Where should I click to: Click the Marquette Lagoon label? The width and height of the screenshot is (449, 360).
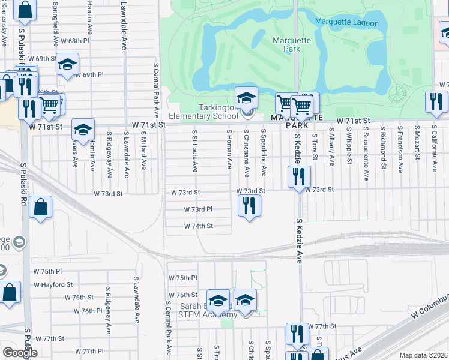click(348, 23)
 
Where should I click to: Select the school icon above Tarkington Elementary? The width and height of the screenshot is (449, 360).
click(246, 98)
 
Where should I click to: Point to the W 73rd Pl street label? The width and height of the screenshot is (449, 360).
click(198, 209)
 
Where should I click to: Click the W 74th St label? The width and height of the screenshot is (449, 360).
click(198, 226)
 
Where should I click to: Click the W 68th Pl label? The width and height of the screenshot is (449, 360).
click(74, 41)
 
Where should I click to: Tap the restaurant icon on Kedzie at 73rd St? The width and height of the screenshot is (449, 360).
click(299, 176)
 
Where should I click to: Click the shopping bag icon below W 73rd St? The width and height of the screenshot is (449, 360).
click(40, 208)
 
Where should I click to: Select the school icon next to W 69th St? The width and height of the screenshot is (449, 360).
click(68, 64)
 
